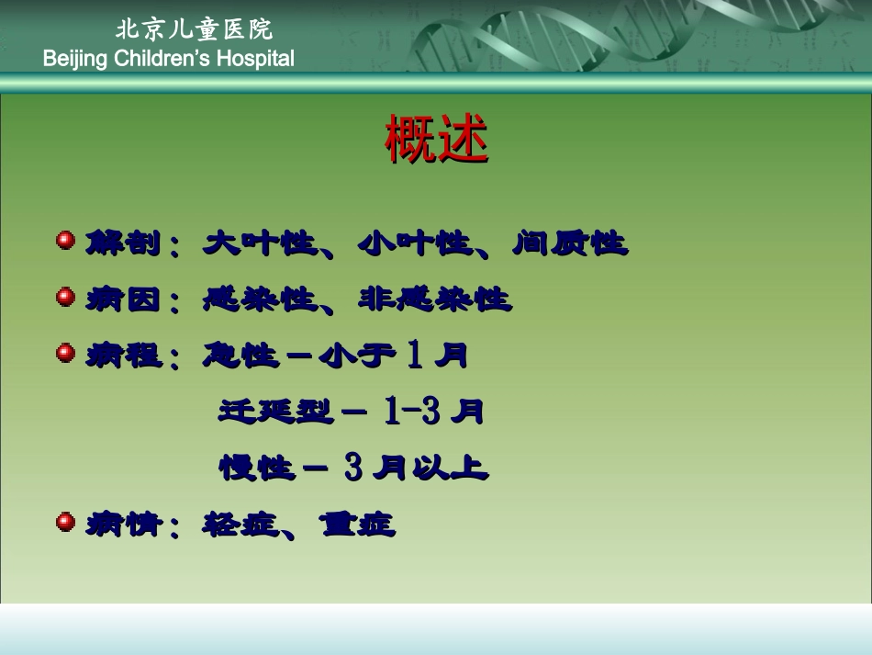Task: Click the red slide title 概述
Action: click(436, 140)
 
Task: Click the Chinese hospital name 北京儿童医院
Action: click(194, 29)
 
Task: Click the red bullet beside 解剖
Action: click(65, 242)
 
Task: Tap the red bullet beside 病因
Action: click(65, 297)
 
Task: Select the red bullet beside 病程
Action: click(65, 353)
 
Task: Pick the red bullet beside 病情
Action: click(65, 523)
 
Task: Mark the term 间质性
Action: click(570, 243)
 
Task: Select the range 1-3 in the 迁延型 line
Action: click(411, 412)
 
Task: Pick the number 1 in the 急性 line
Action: click(415, 356)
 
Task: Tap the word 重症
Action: click(358, 525)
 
